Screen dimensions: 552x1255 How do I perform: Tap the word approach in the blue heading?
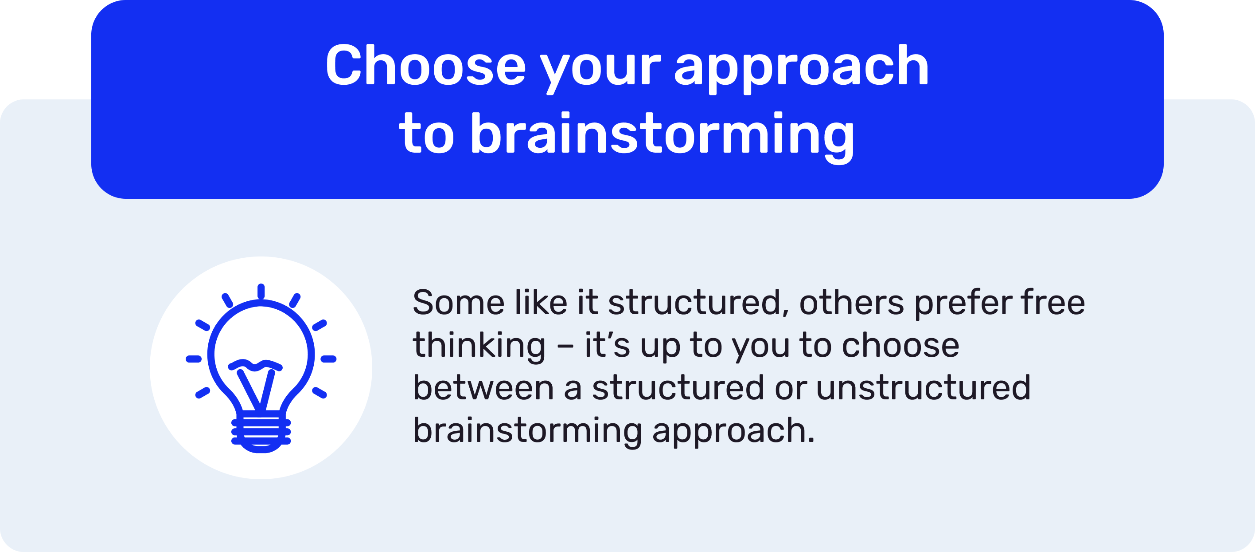801,68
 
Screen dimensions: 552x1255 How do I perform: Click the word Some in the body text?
458,302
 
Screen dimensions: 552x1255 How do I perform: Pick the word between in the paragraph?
483,388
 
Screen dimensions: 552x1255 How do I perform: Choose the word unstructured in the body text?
923,388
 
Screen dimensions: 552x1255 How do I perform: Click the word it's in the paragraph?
607,345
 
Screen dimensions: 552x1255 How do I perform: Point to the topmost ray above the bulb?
261,291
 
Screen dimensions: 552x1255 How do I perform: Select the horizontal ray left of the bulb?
194,359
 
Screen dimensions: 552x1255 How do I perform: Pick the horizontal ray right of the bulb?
328,359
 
